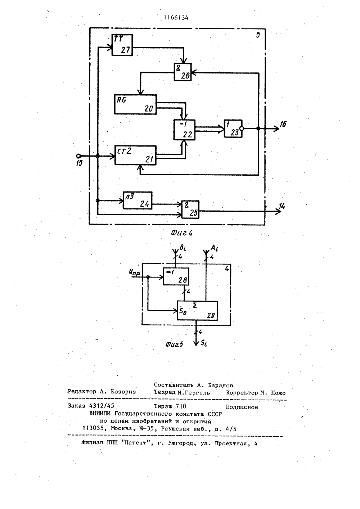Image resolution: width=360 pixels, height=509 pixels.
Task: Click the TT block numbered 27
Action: click(x=122, y=45)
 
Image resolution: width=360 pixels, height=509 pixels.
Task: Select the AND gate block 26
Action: click(x=183, y=72)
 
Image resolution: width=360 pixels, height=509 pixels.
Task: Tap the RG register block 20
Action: click(x=135, y=104)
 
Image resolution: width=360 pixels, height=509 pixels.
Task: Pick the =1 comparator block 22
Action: click(x=184, y=130)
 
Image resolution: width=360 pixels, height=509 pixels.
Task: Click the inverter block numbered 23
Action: click(x=233, y=129)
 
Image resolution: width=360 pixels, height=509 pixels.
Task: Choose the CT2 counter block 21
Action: click(x=136, y=155)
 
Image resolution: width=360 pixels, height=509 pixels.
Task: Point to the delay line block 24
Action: click(x=138, y=201)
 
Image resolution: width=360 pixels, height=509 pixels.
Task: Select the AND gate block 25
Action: click(x=190, y=210)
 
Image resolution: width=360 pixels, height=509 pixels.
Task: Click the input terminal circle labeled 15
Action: click(x=78, y=156)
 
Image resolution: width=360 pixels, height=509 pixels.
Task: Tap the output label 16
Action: click(x=283, y=124)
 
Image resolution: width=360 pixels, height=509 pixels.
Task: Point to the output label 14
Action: click(x=282, y=206)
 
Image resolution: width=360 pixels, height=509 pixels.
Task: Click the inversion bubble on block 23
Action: click(x=242, y=129)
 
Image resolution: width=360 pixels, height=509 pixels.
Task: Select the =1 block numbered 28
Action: click(x=176, y=276)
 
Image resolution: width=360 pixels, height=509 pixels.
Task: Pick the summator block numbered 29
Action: click(x=197, y=311)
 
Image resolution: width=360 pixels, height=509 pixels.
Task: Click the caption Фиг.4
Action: click(x=182, y=233)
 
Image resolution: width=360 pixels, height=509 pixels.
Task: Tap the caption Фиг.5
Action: click(x=174, y=344)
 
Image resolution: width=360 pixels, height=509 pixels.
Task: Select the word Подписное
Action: click(x=242, y=407)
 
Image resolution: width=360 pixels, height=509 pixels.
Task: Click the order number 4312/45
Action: click(x=102, y=406)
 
